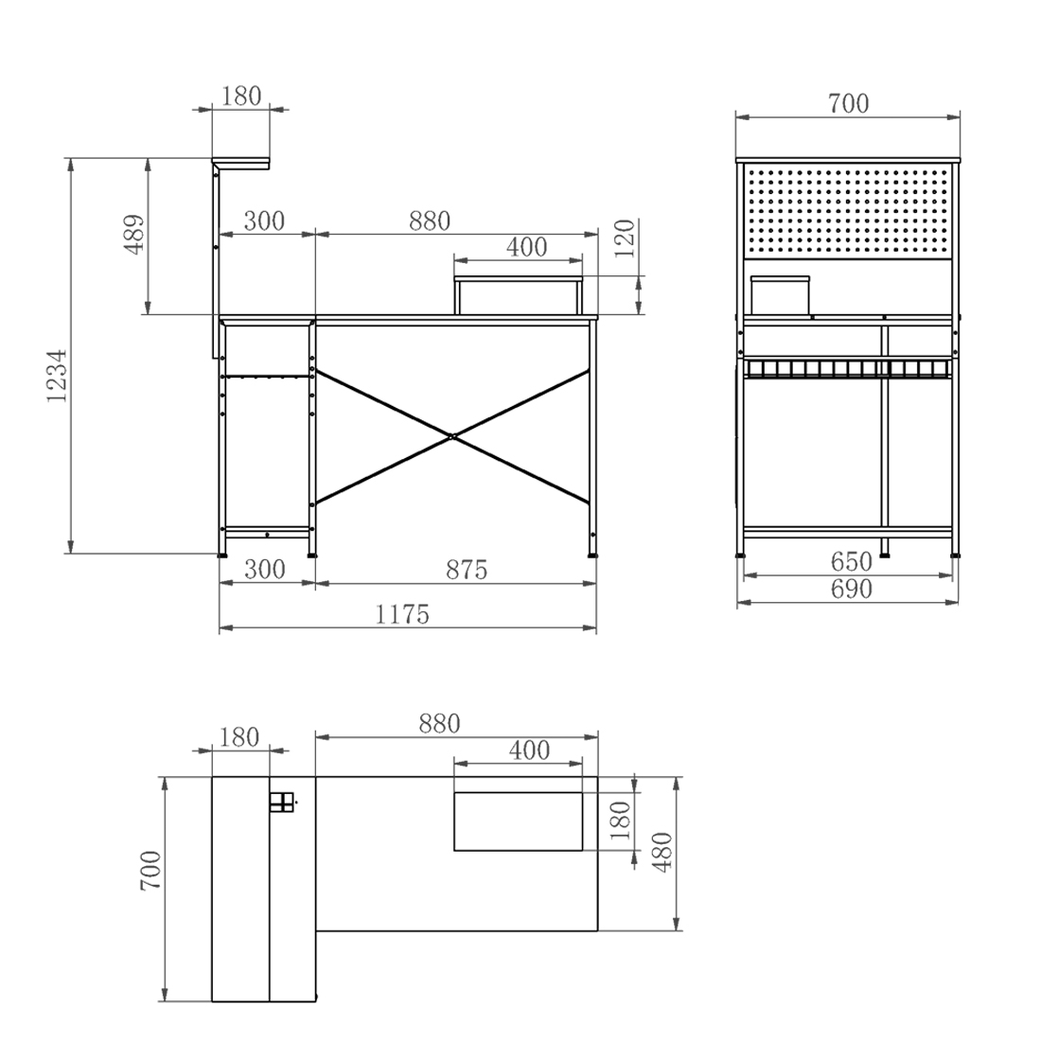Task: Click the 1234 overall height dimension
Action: click(58, 375)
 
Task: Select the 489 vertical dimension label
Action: click(134, 234)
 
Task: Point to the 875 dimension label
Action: click(467, 569)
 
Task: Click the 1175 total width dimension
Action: click(402, 613)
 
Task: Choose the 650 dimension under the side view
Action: click(851, 561)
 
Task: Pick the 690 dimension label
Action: click(851, 589)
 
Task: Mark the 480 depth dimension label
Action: click(663, 852)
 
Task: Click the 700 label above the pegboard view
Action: click(849, 103)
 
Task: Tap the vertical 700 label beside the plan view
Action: click(151, 871)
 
